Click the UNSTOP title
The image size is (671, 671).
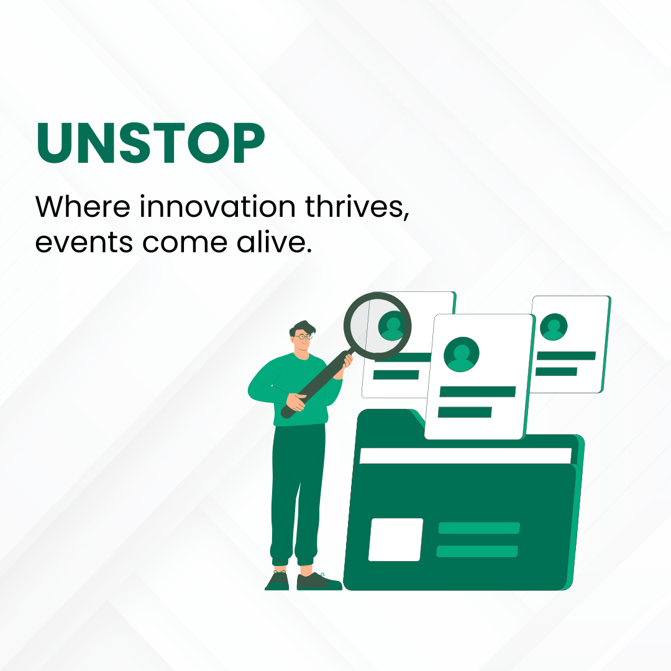coord(150,143)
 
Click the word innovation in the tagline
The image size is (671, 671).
coord(217,207)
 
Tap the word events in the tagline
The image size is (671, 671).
coord(84,243)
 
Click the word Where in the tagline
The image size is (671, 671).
coord(83,206)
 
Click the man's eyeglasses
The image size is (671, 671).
coord(303,337)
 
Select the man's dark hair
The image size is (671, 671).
coord(302,328)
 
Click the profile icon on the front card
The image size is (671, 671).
coord(461,354)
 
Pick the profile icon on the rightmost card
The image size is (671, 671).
coord(554,327)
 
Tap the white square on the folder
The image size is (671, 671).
coord(395,539)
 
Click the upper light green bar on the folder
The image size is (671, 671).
coord(479,527)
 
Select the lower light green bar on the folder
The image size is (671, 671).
coord(477,551)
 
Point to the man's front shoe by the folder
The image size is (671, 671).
coord(319,582)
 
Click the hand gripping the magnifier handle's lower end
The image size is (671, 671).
coord(296,402)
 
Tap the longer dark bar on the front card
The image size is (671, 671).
coord(478,391)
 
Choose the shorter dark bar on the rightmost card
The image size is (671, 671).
coord(556,372)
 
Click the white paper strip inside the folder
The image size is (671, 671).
coord(465,456)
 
